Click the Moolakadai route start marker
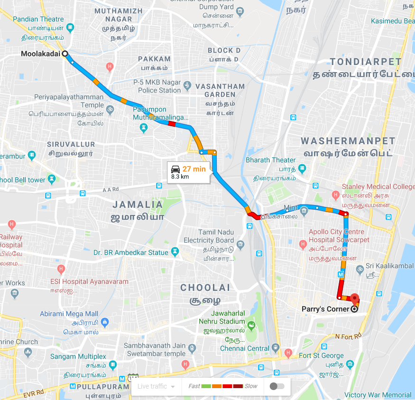[x=65, y=54]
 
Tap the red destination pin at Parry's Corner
[x=354, y=299]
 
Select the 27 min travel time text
[x=194, y=168]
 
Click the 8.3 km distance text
[x=180, y=177]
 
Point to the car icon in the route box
[x=175, y=168]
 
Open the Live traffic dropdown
[x=156, y=386]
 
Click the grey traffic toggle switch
[x=277, y=386]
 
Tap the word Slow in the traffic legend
[x=251, y=386]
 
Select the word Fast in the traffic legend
[x=194, y=386]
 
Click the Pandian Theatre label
[x=38, y=19]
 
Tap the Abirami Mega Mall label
[x=69, y=314]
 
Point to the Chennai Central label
[x=244, y=349]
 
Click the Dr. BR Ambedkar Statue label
[x=131, y=252]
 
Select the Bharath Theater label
[x=271, y=160]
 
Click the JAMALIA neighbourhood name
[x=137, y=205]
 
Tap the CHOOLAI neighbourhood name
[x=205, y=288]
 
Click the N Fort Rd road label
[x=348, y=336]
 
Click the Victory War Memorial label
[x=378, y=395]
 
